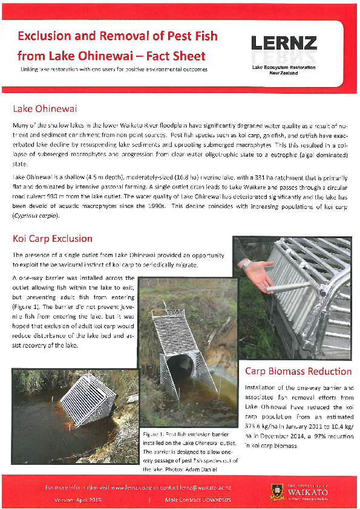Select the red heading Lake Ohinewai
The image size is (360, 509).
point(45,109)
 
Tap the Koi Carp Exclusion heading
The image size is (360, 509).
point(53,239)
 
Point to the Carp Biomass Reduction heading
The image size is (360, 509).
point(298,371)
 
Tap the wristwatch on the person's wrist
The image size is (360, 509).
point(245,264)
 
